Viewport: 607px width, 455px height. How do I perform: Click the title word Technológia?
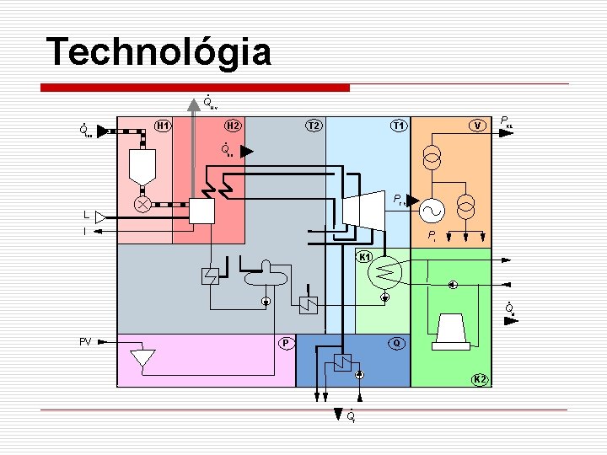tap(159, 52)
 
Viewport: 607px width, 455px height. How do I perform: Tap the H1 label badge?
tap(164, 126)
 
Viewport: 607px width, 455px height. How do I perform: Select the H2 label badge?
tap(234, 126)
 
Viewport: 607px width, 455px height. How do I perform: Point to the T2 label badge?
tap(314, 126)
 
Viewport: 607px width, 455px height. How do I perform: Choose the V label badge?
tap(478, 126)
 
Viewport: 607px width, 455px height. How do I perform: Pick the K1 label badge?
tap(366, 256)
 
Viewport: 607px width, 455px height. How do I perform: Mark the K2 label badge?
tap(479, 379)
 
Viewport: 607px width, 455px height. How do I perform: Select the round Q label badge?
tap(396, 343)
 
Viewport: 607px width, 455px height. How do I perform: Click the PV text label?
tap(85, 341)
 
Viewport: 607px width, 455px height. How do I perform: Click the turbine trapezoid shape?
tap(362, 206)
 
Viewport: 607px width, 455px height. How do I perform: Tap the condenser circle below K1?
tap(387, 270)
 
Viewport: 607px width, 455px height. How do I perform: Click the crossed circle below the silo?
tap(144, 205)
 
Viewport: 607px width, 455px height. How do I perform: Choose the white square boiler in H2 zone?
tap(202, 211)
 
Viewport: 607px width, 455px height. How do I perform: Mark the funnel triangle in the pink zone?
tap(142, 358)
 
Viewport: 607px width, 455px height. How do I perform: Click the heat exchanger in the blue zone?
tap(341, 363)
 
